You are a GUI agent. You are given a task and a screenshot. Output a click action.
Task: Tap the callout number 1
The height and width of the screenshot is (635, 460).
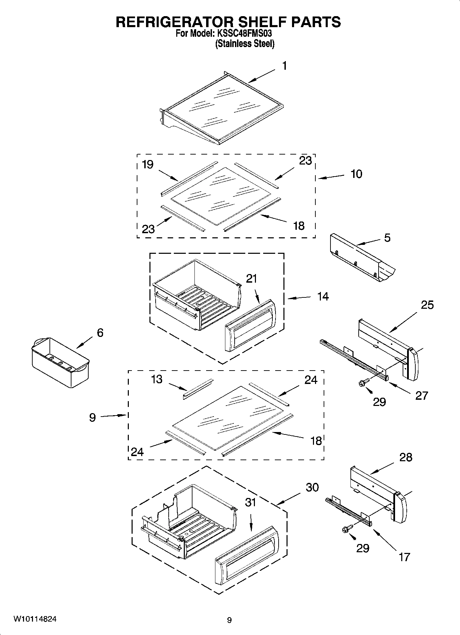pos(284,66)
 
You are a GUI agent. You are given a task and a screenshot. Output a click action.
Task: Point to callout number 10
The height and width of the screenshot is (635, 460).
pos(356,174)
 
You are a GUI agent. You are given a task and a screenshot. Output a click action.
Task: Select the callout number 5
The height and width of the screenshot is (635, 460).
pos(387,238)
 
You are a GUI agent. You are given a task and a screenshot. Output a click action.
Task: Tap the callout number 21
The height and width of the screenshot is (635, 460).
pos(251,279)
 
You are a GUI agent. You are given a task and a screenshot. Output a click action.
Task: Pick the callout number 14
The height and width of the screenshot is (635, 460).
pos(323,296)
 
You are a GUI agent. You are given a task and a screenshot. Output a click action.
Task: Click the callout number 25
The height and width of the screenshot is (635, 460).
pos(427,305)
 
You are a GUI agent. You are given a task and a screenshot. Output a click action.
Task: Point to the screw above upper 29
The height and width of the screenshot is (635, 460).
pos(364,382)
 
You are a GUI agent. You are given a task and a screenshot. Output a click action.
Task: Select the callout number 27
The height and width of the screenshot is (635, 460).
pos(422,396)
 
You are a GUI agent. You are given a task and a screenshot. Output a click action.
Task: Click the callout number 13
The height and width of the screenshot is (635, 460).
pos(157,379)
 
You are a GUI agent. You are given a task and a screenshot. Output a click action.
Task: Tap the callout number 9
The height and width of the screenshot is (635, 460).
pos(92,417)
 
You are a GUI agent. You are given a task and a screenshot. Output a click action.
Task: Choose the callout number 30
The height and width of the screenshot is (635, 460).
pos(312,487)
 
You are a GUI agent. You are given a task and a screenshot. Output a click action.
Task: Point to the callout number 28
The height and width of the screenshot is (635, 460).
pos(406,457)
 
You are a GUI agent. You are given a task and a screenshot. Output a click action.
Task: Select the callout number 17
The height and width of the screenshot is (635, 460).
pos(404,557)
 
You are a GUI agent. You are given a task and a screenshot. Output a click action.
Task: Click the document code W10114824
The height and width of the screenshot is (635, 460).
pos(35,619)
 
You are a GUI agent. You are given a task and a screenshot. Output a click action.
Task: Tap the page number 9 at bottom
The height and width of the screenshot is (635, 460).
pos(229,620)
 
